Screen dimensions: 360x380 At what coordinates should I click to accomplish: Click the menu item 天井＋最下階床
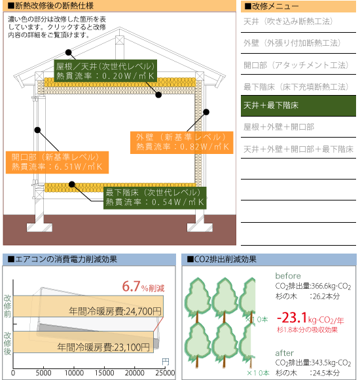click(x=298, y=105)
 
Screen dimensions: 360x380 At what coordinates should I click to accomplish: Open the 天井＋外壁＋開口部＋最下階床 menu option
click(x=298, y=149)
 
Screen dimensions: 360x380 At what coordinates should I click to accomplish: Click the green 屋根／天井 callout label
click(x=105, y=71)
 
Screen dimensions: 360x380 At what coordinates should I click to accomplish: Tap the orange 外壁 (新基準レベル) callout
click(x=181, y=143)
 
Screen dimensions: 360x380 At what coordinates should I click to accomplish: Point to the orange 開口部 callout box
click(x=57, y=162)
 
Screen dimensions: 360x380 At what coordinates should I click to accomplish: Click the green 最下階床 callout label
click(x=155, y=198)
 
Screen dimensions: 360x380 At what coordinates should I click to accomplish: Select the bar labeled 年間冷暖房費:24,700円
click(x=88, y=307)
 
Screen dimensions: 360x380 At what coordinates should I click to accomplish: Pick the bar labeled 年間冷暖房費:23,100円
click(x=83, y=342)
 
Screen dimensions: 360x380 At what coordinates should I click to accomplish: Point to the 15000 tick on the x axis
click(x=104, y=373)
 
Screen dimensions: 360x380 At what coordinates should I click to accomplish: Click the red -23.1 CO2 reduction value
click(x=292, y=318)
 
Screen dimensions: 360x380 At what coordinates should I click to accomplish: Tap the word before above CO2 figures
click(x=288, y=276)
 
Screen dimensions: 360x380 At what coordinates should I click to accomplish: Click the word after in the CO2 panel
click(x=285, y=353)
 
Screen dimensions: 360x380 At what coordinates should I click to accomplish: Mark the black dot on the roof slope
click(x=69, y=52)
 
